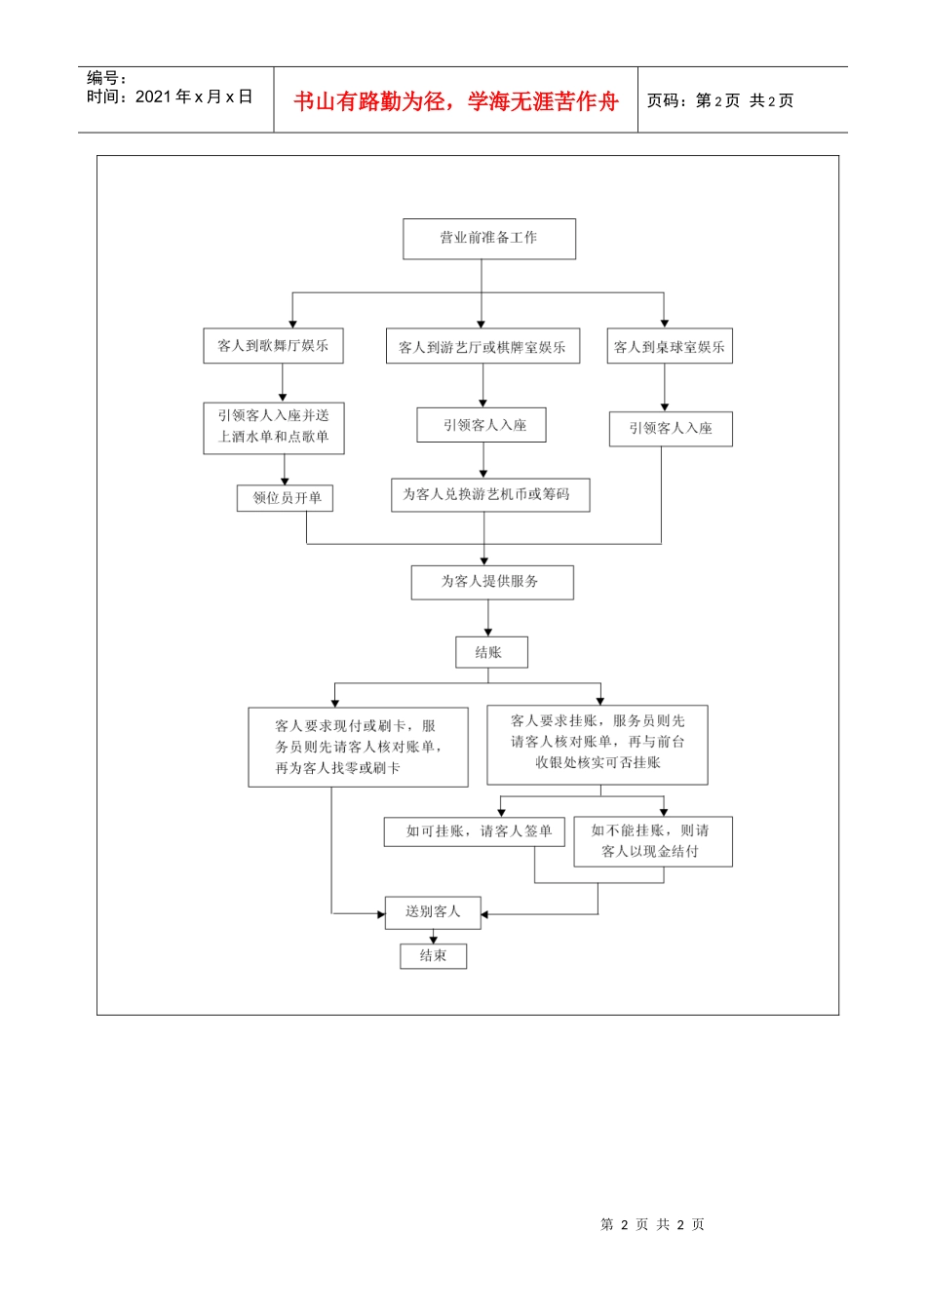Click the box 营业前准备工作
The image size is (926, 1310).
(x=488, y=239)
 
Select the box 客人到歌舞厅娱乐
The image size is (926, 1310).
(x=273, y=346)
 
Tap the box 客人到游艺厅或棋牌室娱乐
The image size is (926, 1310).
(x=482, y=347)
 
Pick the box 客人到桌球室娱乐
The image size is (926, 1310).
(x=670, y=347)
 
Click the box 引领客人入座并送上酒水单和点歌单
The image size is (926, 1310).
(x=274, y=427)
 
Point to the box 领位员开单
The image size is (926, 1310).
(x=286, y=498)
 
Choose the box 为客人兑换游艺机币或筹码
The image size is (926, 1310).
(x=489, y=495)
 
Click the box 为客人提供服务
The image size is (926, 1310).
(x=491, y=582)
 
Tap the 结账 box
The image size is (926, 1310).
(x=491, y=652)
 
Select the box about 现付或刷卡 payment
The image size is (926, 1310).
(x=358, y=747)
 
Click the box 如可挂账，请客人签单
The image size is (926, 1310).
(x=474, y=831)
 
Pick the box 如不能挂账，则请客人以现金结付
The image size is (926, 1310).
(x=652, y=841)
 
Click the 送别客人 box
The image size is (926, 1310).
(x=433, y=912)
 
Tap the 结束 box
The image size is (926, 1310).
(x=433, y=956)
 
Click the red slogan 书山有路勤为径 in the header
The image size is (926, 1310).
(x=455, y=101)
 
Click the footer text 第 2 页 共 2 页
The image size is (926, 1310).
(x=652, y=1224)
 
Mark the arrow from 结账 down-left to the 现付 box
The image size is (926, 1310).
(x=335, y=694)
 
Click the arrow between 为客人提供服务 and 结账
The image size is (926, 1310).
(x=488, y=618)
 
